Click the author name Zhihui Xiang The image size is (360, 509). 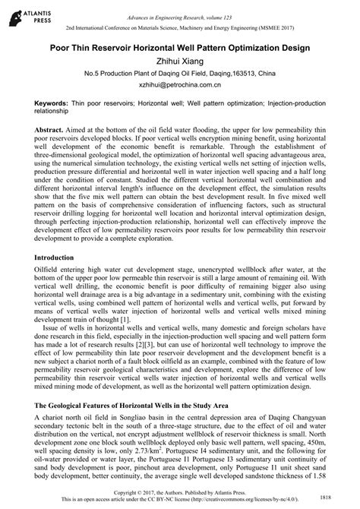point(179,62)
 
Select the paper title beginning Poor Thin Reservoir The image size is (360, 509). point(179,47)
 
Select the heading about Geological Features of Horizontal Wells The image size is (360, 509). point(153,404)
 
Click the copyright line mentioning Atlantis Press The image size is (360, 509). point(179,493)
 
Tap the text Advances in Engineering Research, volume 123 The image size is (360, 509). point(179,8)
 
